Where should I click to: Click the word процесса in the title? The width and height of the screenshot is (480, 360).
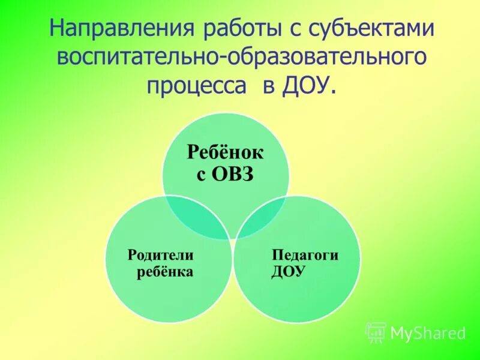point(198,85)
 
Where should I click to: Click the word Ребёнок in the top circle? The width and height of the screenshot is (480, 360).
point(226,152)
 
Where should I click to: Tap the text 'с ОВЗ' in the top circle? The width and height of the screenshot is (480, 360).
point(226,175)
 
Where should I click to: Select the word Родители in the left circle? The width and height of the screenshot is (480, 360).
point(160,254)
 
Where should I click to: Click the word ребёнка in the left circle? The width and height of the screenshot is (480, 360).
point(163,272)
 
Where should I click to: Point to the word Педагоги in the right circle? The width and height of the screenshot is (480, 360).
point(305,254)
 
